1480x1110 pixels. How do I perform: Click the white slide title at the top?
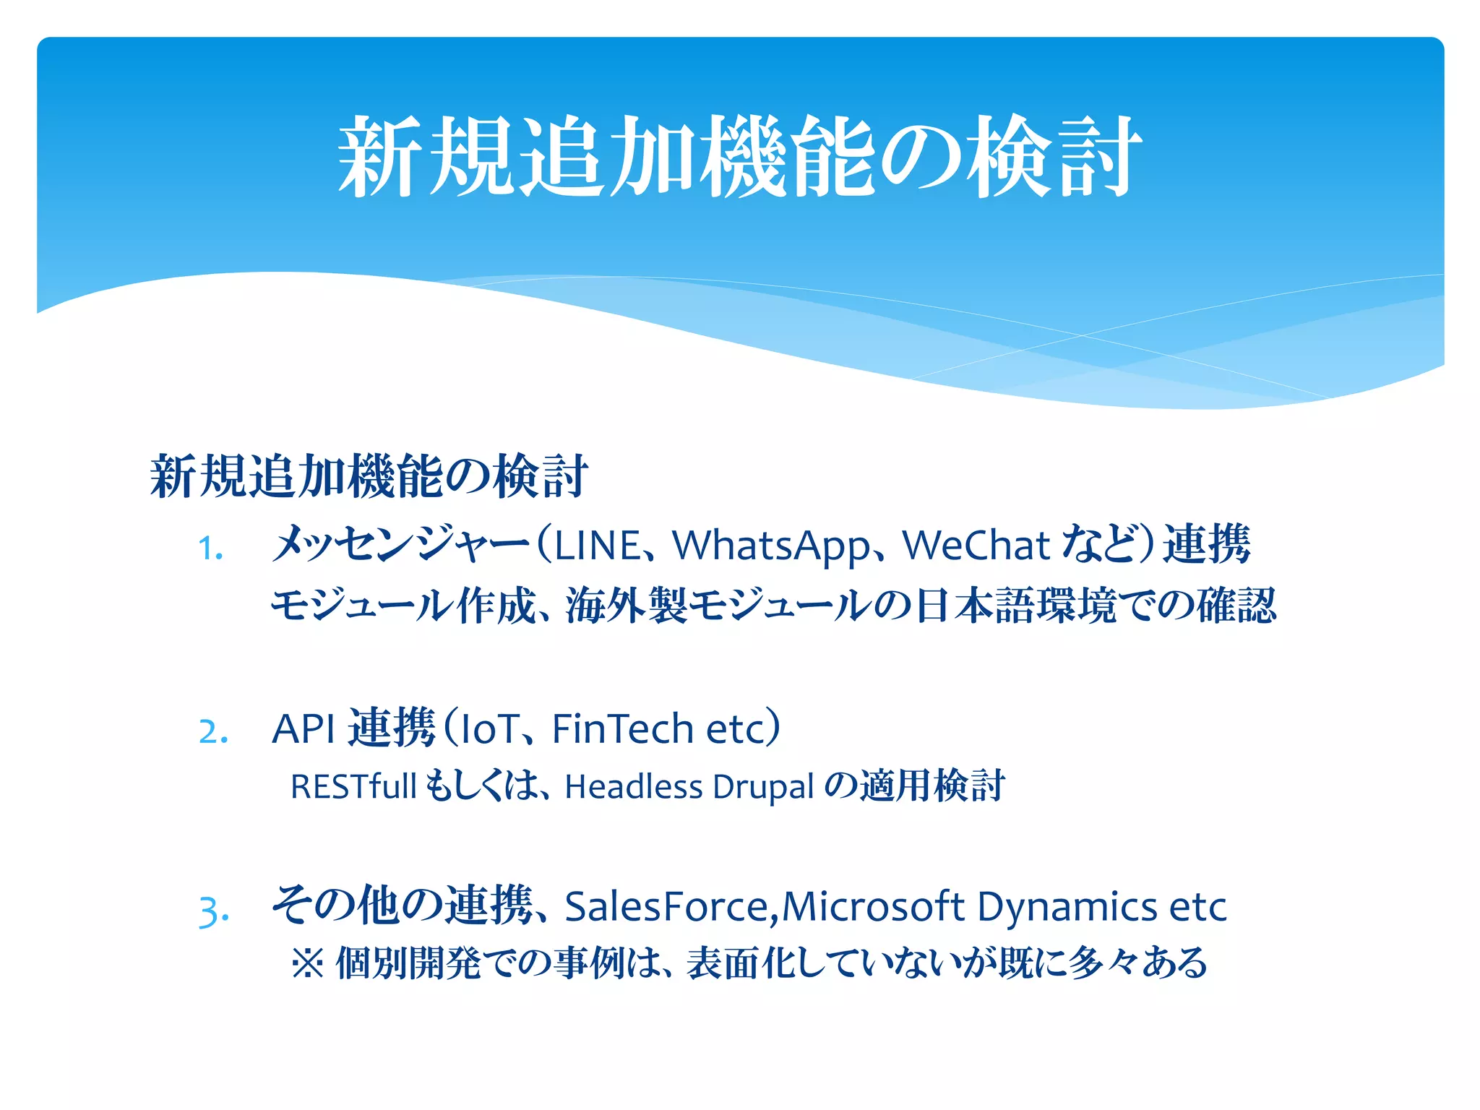click(739, 155)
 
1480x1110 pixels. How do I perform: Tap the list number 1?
click(210, 548)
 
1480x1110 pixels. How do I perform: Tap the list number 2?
click(213, 731)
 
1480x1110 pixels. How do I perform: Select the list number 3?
click(214, 911)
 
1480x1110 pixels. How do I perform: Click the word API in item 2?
click(303, 728)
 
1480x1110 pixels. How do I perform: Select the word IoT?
click(491, 728)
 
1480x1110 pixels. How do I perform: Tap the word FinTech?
click(622, 728)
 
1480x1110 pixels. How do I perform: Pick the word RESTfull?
click(353, 786)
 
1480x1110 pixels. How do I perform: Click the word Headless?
click(633, 786)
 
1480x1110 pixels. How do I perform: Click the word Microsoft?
click(873, 907)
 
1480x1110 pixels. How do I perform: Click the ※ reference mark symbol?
click(308, 964)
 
